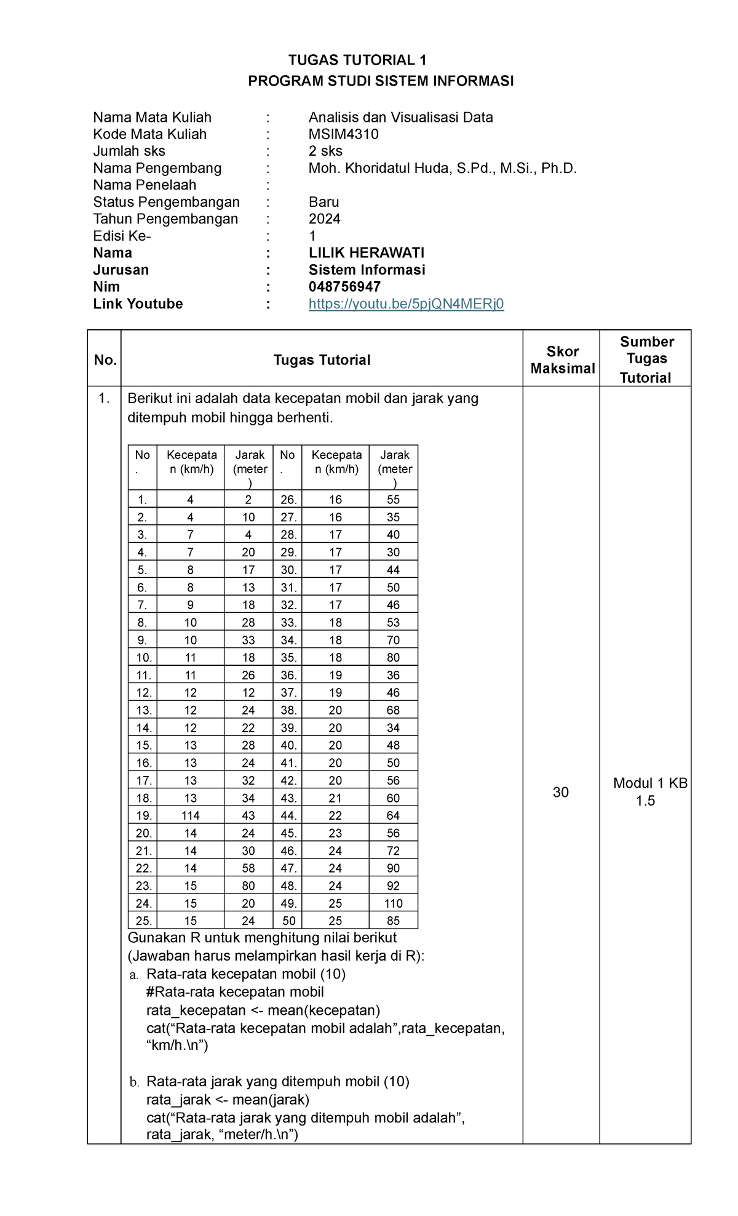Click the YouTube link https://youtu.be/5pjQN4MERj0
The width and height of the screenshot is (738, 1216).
(x=406, y=304)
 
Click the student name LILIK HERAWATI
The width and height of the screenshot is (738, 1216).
(x=366, y=253)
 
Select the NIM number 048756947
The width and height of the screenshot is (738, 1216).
(x=344, y=287)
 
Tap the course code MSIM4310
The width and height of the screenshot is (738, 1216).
(x=343, y=134)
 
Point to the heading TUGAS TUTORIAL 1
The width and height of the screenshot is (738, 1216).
(x=357, y=60)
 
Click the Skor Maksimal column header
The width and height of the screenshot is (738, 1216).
(x=562, y=360)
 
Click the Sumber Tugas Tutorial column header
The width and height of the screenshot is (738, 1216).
(x=646, y=359)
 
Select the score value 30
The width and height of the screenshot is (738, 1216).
(x=560, y=792)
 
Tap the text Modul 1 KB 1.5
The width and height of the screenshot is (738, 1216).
(x=649, y=791)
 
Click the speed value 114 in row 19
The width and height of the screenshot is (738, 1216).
(x=190, y=815)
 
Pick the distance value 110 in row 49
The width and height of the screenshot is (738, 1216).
(x=393, y=903)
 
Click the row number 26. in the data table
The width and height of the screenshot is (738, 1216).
(x=288, y=500)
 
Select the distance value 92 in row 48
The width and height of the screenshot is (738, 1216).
(x=393, y=886)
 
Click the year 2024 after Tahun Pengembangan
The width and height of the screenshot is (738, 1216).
(x=324, y=219)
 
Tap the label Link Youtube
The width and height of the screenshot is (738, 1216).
(x=138, y=304)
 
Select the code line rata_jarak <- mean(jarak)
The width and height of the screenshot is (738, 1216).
(x=228, y=1099)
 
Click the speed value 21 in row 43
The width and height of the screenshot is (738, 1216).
(x=335, y=798)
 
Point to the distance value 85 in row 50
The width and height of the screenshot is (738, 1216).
(x=393, y=921)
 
